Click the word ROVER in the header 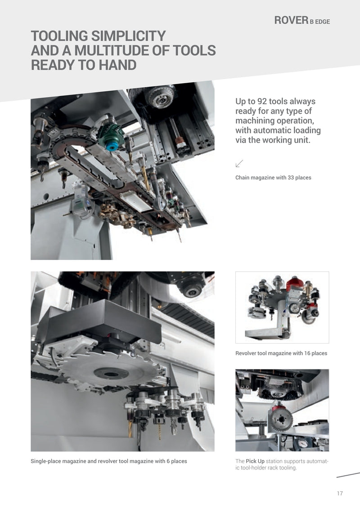[291, 20]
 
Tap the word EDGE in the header [322, 22]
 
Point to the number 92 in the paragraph [262, 101]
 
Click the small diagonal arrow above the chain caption [239, 164]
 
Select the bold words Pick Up [255, 461]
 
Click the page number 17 [340, 493]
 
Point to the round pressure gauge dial [302, 443]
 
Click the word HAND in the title [117, 65]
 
